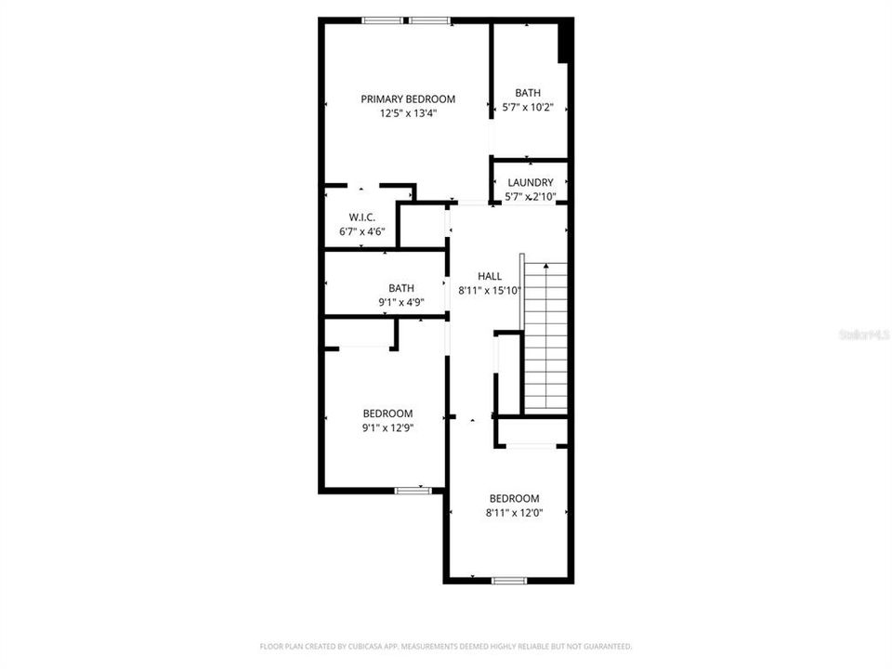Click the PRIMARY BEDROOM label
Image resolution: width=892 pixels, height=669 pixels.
(x=408, y=99)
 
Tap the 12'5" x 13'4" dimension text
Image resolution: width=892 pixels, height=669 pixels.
(x=408, y=113)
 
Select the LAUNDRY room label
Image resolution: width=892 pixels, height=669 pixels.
(x=530, y=182)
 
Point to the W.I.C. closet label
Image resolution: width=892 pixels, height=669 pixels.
(x=361, y=216)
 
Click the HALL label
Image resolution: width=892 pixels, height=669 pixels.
(x=490, y=276)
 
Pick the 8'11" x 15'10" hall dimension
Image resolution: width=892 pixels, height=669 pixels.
(x=490, y=290)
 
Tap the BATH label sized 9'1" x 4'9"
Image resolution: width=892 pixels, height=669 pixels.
(x=401, y=288)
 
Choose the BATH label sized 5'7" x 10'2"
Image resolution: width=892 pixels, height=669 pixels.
(x=528, y=93)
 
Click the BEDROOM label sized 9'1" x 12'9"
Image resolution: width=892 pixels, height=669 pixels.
(x=387, y=413)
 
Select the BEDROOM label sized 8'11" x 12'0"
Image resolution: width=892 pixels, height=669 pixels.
(x=514, y=498)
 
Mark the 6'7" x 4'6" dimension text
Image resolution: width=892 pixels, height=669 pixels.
(x=361, y=230)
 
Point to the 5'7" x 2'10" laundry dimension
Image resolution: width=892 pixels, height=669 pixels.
(x=530, y=196)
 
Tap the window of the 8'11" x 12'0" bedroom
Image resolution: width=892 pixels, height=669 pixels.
(x=509, y=581)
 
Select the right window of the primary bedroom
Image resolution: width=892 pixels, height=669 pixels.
(x=429, y=20)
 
